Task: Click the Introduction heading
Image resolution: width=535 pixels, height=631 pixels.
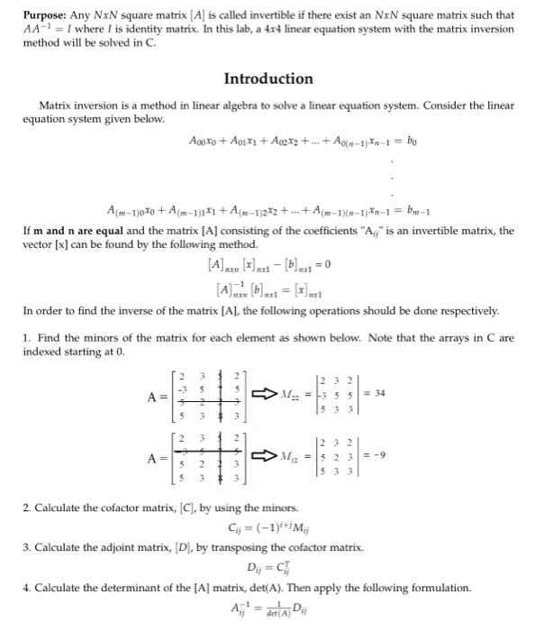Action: [x=267, y=78]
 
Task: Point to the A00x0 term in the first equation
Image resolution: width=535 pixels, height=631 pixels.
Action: [x=206, y=141]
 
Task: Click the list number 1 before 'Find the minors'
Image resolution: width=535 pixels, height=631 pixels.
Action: [x=26, y=338]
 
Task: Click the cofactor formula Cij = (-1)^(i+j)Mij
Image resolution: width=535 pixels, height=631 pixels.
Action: [x=268, y=527]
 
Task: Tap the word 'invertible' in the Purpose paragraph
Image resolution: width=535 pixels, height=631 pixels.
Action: [x=242, y=15]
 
